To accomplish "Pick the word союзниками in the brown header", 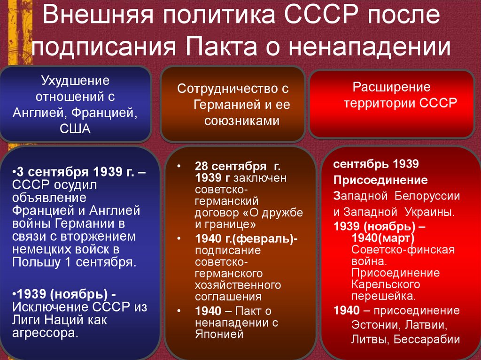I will point(241,121).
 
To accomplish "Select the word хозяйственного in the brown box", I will point(238,285).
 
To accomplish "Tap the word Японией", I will point(219,334).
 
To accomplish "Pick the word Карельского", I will point(385,284).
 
